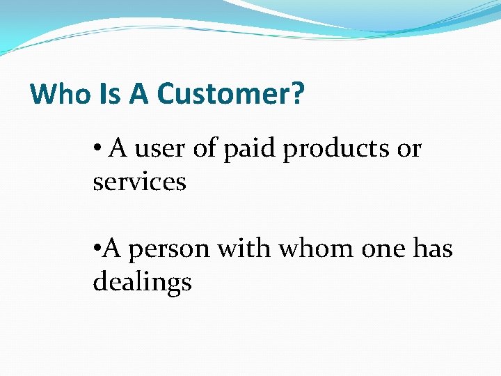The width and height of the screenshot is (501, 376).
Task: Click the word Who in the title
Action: click(x=61, y=94)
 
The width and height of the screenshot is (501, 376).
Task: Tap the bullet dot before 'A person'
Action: click(x=97, y=249)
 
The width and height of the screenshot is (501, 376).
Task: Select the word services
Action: click(x=139, y=182)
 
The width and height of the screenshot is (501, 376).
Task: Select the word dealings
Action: click(x=142, y=283)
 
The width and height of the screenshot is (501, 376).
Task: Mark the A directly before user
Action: click(x=118, y=148)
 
